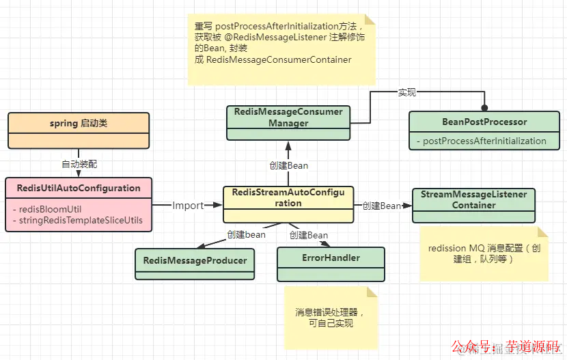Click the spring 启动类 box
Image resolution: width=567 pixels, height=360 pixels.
[78, 124]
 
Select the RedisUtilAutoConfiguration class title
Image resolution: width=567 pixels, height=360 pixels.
[78, 188]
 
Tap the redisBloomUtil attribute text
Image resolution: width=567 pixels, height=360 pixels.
[42, 208]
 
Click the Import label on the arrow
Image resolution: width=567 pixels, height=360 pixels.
[188, 205]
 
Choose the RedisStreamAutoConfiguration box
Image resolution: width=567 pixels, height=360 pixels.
[288, 198]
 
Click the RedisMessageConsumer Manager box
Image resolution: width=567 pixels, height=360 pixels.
[289, 117]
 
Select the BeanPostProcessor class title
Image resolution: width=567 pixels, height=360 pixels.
[484, 122]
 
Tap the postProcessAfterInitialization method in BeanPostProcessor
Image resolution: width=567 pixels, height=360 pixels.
[485, 141]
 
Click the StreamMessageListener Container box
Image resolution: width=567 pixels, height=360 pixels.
[473, 199]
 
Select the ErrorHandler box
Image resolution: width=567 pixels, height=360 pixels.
[331, 258]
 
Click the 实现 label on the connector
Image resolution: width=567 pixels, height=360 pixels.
[407, 92]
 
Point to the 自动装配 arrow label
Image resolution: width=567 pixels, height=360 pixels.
[80, 164]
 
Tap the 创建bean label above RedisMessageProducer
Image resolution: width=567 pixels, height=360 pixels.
[246, 235]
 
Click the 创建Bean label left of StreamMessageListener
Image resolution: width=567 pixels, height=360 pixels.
[381, 206]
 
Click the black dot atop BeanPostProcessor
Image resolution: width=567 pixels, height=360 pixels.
[484, 108]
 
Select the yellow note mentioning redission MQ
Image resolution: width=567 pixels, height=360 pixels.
[484, 254]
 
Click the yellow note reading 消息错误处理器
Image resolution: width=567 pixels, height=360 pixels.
[331, 318]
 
